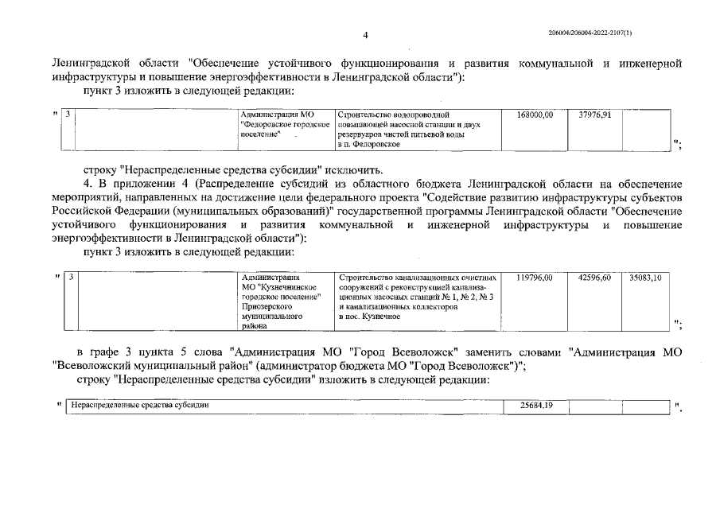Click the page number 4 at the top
point(365,35)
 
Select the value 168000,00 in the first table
point(535,115)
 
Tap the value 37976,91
point(594,115)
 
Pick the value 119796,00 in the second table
point(535,278)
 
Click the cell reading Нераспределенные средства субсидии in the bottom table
point(139,406)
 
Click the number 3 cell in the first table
point(69,115)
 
